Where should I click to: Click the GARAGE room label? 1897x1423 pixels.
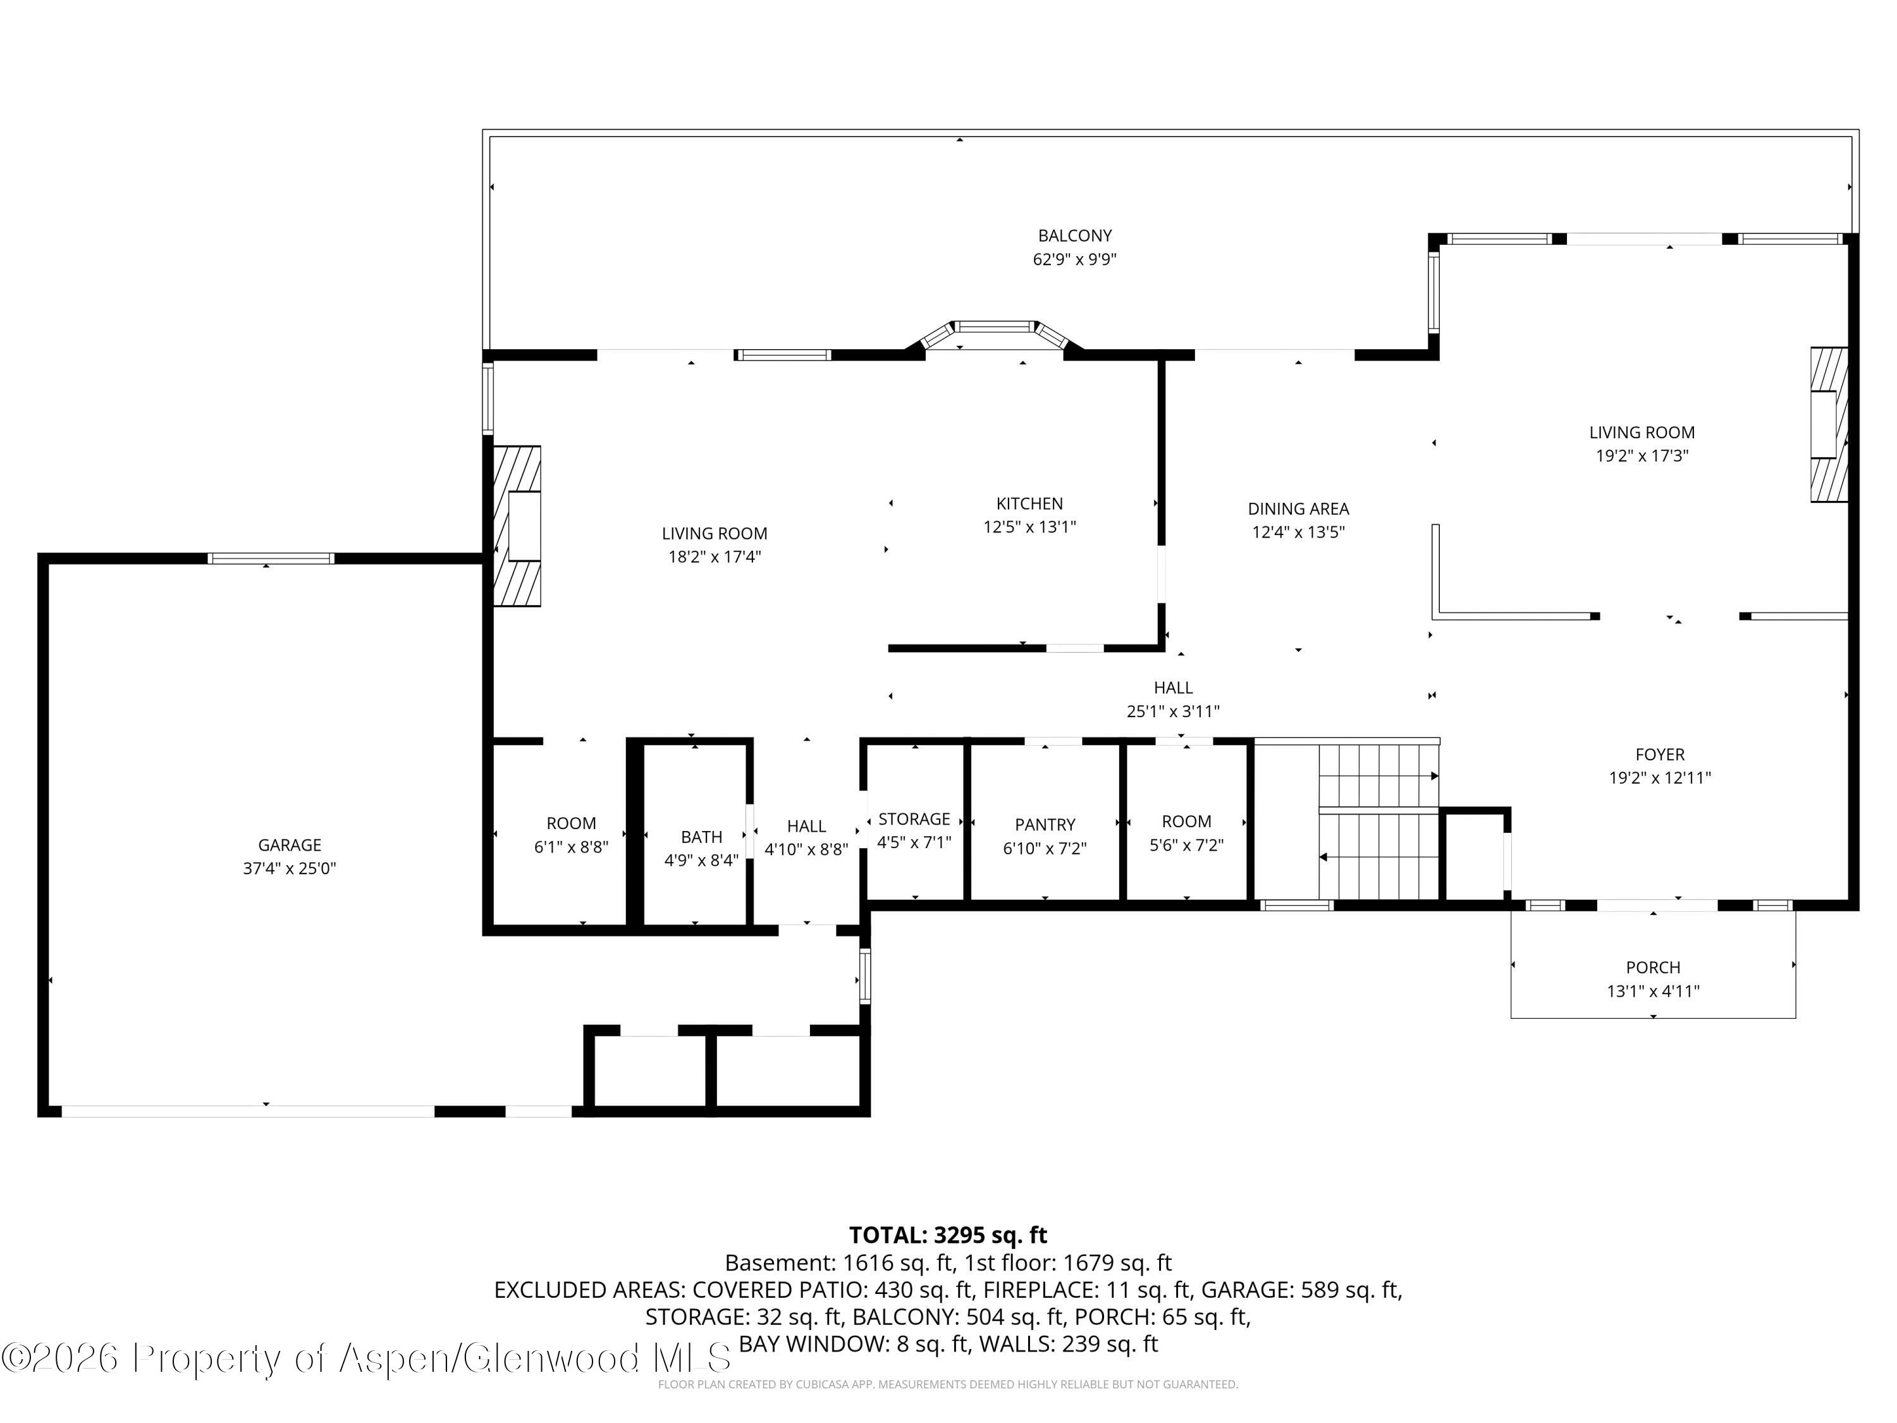click(x=289, y=845)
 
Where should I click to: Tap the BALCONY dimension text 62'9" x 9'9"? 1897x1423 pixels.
click(x=1074, y=259)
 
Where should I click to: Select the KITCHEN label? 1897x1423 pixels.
click(x=1029, y=503)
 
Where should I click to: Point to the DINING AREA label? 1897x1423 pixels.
click(x=1298, y=508)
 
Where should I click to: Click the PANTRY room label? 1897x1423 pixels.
click(x=1045, y=824)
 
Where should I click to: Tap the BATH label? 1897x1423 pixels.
click(x=701, y=836)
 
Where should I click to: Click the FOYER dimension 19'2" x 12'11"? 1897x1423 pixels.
click(x=1659, y=778)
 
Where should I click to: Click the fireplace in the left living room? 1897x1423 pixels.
click(x=518, y=526)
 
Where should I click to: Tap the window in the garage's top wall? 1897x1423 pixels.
click(x=271, y=558)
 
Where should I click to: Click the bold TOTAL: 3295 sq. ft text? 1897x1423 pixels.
click(x=948, y=1235)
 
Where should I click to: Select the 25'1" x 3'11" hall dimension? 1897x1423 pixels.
click(x=1172, y=711)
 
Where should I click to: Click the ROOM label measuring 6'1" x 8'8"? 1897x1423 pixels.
click(x=570, y=823)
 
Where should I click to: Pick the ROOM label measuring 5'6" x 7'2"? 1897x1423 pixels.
click(x=1186, y=822)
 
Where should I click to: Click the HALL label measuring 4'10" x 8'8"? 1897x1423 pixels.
click(x=806, y=826)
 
